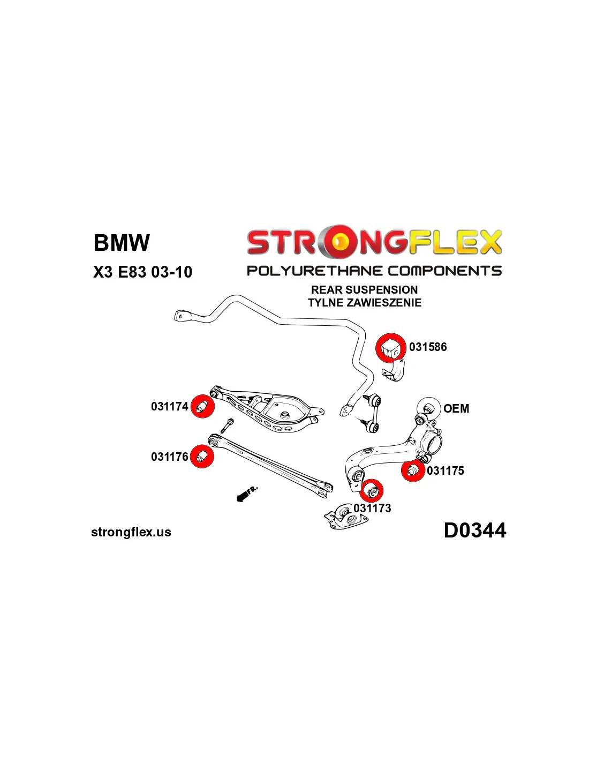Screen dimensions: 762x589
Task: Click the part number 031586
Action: coord(427,347)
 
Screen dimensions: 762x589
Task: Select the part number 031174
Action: coord(169,407)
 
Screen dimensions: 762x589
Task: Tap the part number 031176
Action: coord(169,457)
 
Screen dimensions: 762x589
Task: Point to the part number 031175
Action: coord(445,471)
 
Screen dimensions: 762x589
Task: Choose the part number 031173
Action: coord(372,509)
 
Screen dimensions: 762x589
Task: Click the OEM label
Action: coord(456,409)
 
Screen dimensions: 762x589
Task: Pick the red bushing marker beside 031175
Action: coord(413,470)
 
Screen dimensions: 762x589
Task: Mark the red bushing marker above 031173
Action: coord(372,490)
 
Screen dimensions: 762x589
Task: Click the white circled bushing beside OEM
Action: coord(428,408)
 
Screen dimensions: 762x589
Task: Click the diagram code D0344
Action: coord(474,531)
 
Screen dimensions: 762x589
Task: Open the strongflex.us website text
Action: coord(131,532)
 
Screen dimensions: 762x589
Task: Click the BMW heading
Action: coord(122,243)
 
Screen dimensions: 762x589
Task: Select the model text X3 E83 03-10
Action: coord(142,272)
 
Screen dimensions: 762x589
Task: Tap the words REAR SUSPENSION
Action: coord(364,290)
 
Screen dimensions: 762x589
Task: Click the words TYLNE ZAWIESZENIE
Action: coord(364,303)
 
